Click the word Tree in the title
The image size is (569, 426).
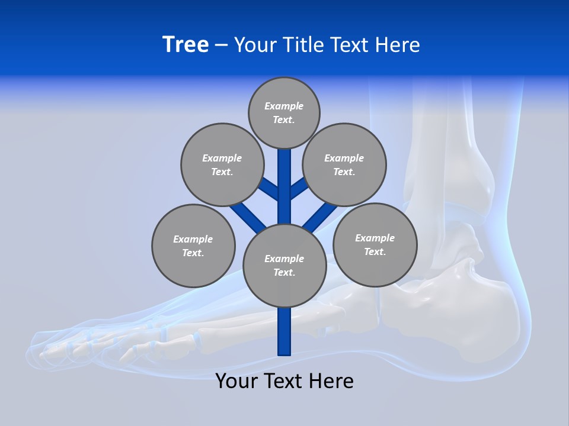186,45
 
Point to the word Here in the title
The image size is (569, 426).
398,45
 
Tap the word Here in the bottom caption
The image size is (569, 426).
331,381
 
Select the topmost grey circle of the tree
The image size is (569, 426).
284,112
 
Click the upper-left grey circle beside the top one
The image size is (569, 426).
222,164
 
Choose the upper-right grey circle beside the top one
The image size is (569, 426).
344,164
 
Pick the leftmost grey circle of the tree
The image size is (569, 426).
193,246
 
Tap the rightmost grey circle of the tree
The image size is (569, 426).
375,244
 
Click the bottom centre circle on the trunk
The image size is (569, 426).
284,266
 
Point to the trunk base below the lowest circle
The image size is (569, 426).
284,331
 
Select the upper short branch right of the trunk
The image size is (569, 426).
298,189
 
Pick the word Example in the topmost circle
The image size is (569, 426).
284,106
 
